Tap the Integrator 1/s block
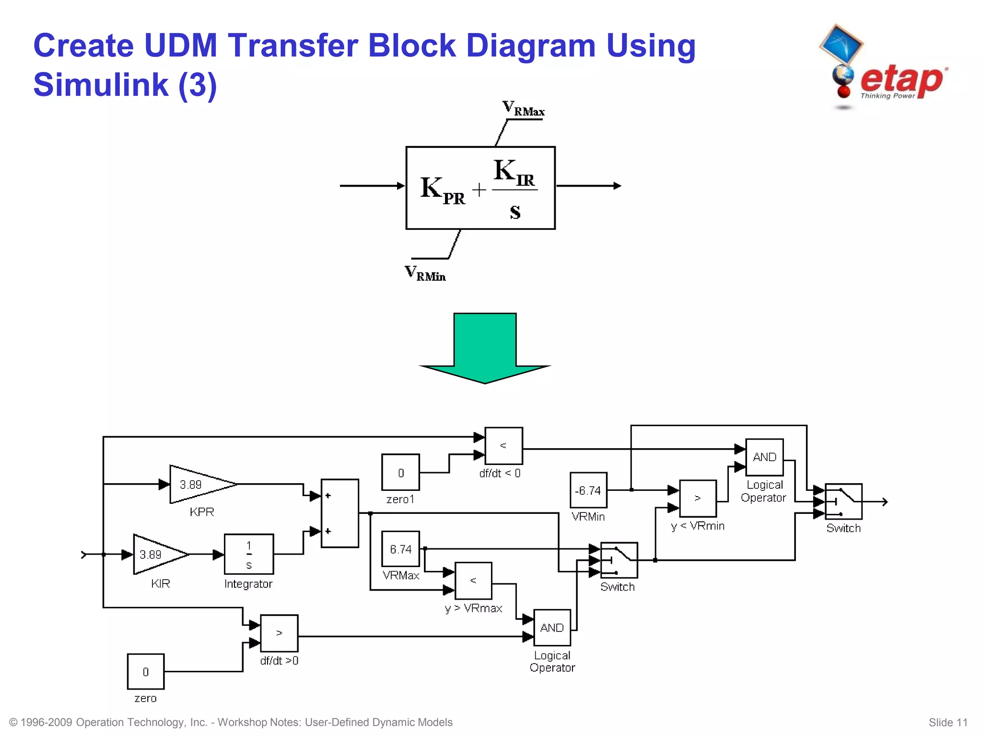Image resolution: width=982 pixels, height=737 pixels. [x=249, y=554]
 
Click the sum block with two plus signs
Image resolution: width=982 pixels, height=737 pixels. [x=339, y=513]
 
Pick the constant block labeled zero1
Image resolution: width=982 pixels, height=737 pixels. [x=400, y=473]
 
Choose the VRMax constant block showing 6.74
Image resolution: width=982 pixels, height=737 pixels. [x=400, y=549]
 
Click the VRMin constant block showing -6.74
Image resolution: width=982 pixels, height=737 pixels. [x=588, y=490]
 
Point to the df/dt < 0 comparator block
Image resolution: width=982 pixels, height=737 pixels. [x=503, y=446]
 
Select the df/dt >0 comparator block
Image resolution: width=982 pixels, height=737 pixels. [x=279, y=633]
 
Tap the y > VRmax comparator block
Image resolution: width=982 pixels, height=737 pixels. [x=473, y=581]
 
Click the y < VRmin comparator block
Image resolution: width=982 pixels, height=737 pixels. [x=698, y=499]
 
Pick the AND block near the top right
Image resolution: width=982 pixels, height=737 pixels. [x=764, y=457]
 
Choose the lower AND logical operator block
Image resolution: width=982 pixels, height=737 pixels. [x=552, y=628]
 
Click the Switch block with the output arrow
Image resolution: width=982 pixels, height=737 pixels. [x=843, y=501]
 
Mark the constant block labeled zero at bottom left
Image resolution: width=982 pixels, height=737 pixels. [x=146, y=672]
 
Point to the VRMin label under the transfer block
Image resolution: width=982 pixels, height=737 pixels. [x=425, y=273]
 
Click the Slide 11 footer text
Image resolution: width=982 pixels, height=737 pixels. [x=947, y=723]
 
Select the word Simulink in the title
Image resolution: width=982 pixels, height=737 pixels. [x=101, y=85]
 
